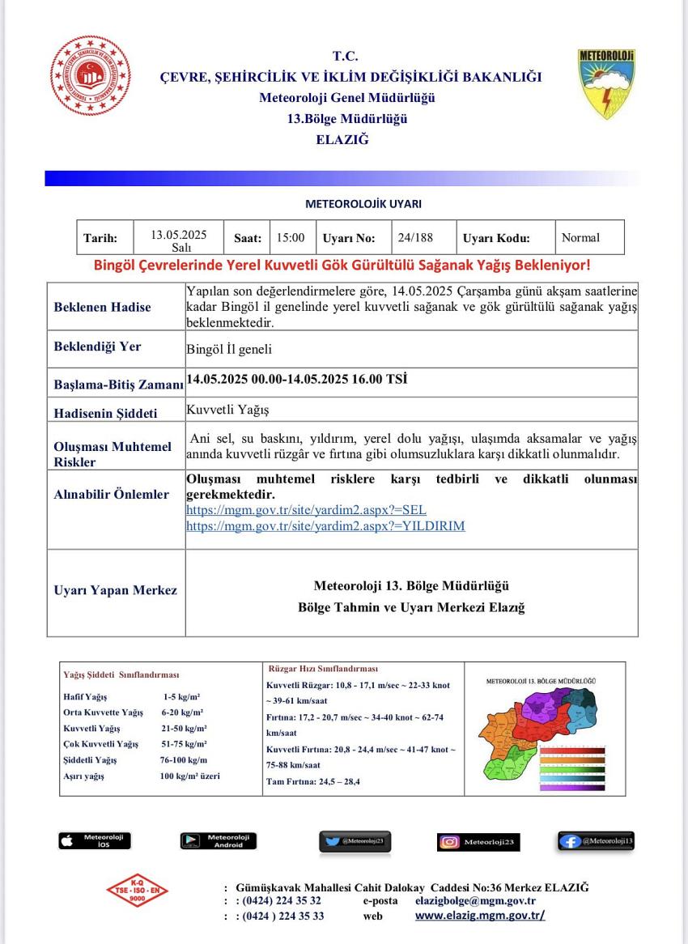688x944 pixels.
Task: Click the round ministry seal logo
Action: coord(90,77)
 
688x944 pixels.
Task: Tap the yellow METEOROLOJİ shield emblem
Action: coord(606,84)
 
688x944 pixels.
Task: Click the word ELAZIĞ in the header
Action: coord(342,138)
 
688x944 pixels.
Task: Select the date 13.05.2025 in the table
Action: coord(179,235)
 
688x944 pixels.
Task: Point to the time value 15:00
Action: coord(291,237)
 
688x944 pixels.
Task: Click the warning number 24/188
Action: coord(415,237)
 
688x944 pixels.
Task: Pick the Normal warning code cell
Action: coord(580,237)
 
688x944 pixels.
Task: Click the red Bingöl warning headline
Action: coord(342,265)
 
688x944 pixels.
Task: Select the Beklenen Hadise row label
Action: coord(102,307)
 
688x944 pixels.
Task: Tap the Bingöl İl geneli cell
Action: coord(229,349)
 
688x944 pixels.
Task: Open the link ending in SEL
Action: coord(306,510)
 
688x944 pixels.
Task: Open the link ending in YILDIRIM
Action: coord(325,525)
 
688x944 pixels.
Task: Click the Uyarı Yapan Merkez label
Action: coord(115,590)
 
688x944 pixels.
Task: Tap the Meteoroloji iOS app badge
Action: coord(94,840)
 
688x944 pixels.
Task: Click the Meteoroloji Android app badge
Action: coord(218,840)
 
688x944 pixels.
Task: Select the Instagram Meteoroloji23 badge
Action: coord(478,842)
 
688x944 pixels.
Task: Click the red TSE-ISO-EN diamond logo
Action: coord(138,891)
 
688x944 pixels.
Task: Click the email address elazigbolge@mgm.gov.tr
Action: coord(475,900)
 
